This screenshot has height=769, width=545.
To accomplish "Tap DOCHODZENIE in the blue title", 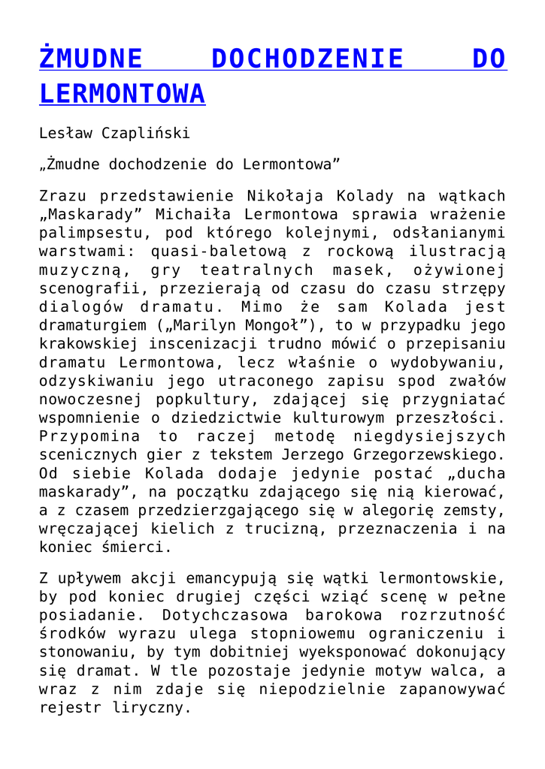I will (307, 59).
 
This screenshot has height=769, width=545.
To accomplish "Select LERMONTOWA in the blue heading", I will (122, 94).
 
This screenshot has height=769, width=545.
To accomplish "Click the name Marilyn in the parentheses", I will (207, 326).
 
